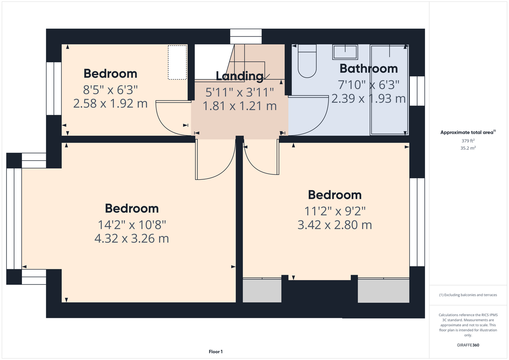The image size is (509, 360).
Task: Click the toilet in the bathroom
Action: (x=307, y=61)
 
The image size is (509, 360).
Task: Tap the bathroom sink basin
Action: (x=345, y=52)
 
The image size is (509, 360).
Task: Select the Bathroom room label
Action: (x=369, y=69)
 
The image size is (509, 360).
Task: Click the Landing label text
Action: (x=240, y=76)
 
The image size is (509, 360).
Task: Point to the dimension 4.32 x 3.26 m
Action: (x=131, y=238)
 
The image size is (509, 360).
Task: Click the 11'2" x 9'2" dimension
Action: (x=335, y=211)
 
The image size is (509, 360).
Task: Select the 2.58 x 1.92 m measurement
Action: (x=110, y=104)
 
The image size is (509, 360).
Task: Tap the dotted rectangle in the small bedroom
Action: (x=177, y=62)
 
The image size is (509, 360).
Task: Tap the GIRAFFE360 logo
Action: (x=468, y=345)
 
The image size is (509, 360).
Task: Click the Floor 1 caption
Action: (x=216, y=352)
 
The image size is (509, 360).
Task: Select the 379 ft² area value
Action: (x=468, y=141)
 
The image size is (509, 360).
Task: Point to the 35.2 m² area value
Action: (x=468, y=148)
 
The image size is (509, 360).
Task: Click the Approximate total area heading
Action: (x=468, y=132)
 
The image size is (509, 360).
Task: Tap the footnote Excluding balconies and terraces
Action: (x=468, y=295)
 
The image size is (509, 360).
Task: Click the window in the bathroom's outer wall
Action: (x=417, y=91)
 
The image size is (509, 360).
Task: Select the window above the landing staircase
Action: (x=246, y=36)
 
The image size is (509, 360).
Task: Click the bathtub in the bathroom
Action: (x=389, y=90)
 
